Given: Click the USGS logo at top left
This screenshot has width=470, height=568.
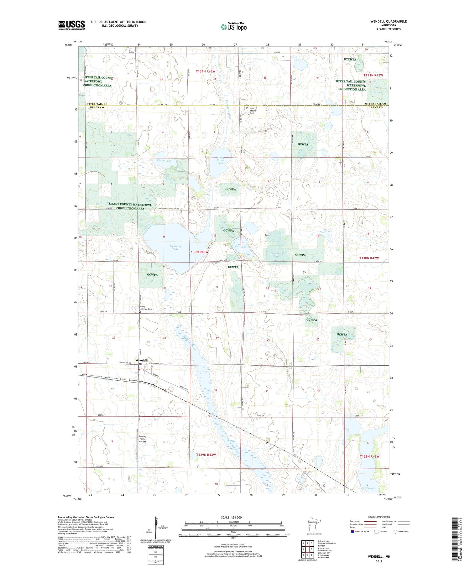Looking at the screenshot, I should coord(71,25).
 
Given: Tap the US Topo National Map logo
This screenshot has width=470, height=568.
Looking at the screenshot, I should coord(233,27).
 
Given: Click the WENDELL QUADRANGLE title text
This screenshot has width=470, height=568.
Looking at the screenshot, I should coord(388,21).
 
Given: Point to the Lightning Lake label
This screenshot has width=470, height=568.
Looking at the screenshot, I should coord(175,248).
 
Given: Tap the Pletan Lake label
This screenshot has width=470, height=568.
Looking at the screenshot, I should coord(164,161).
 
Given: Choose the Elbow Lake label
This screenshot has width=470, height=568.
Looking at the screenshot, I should coord(369,488).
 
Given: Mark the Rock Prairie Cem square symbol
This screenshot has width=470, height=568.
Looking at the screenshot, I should coord(247,108).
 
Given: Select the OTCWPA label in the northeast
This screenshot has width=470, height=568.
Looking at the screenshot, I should coord(350,59).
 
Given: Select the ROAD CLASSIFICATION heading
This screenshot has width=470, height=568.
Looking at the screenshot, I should coord(379,517).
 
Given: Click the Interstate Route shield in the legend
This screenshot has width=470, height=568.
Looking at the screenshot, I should coord(352,532).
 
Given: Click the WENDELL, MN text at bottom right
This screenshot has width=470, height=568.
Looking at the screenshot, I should coord(379,557).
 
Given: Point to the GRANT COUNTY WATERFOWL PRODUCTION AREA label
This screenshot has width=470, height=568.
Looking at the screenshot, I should coord(130,206).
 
